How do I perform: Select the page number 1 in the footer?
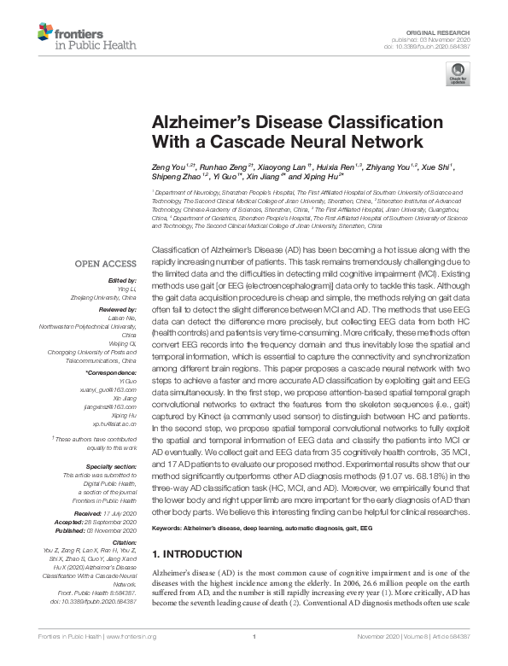coord(254,657)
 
